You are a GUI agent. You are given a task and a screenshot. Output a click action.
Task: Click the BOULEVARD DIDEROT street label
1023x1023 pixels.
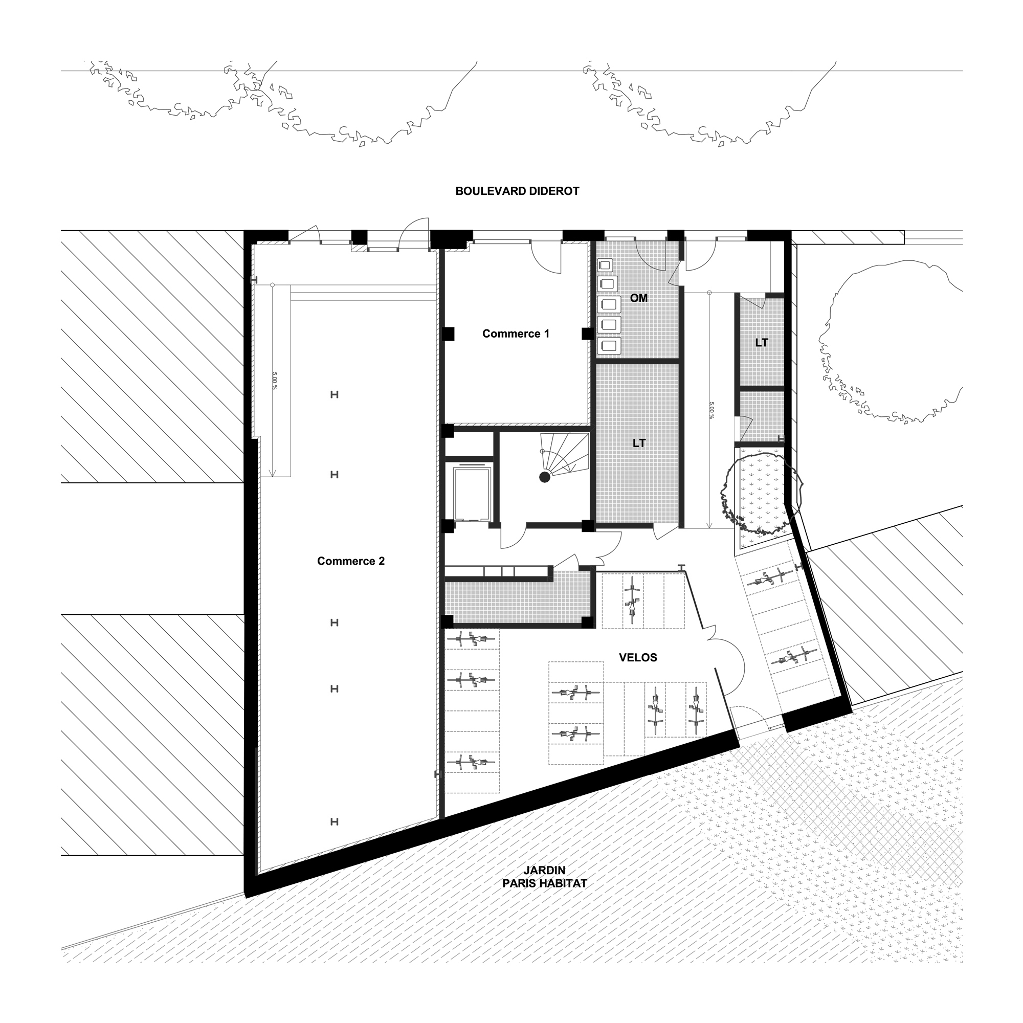click(x=517, y=191)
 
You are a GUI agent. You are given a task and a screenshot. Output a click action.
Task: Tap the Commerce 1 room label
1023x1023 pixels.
click(x=516, y=333)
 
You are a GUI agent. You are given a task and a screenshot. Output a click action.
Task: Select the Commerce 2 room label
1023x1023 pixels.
click(x=351, y=561)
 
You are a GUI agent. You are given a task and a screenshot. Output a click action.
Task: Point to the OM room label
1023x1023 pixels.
click(x=638, y=298)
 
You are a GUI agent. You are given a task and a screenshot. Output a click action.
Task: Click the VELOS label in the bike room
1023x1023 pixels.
click(x=638, y=658)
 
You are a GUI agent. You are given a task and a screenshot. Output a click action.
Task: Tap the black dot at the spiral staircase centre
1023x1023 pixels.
click(x=544, y=477)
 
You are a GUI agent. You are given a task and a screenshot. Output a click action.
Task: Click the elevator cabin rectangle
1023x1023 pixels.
click(x=472, y=493)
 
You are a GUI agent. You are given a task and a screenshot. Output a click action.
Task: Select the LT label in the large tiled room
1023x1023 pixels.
click(x=639, y=443)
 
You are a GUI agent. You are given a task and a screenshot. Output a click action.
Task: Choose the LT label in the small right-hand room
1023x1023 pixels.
click(x=762, y=343)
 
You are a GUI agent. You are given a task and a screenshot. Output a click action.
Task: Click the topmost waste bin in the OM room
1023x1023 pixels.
click(x=605, y=265)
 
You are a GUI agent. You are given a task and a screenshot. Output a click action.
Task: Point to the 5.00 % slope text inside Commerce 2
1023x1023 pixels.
click(x=274, y=380)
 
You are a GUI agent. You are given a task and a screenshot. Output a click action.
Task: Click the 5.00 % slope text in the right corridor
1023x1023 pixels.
click(x=711, y=410)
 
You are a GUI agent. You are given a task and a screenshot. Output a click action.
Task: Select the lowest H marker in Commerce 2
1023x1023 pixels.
click(x=334, y=822)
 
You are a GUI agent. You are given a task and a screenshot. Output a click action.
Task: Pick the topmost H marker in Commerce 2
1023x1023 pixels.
click(x=334, y=394)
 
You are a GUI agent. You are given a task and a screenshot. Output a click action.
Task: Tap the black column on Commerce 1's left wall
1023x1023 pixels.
click(x=448, y=333)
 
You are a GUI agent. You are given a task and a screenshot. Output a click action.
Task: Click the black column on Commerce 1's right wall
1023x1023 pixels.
click(x=587, y=333)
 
